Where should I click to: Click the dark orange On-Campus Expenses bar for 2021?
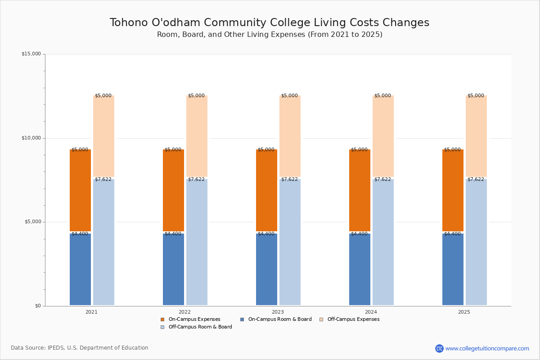tap(80, 190)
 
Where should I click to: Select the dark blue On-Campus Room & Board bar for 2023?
tap(266, 270)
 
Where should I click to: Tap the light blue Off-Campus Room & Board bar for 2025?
tap(476, 242)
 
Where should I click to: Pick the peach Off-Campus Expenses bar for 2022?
tap(197, 136)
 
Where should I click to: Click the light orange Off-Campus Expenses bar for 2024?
tap(383, 136)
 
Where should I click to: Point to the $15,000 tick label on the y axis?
tap(31, 54)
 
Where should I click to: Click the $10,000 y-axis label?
tap(31, 138)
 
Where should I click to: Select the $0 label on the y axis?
tap(38, 306)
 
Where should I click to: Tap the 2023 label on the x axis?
tap(278, 312)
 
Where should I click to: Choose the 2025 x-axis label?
tap(464, 312)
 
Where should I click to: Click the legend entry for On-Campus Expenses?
tap(190, 319)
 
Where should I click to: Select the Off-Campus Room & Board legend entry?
tap(196, 327)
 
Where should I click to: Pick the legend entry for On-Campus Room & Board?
tap(276, 319)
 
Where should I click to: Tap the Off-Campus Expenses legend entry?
tap(350, 319)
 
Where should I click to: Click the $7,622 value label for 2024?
tap(382, 180)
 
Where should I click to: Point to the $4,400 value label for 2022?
tap(173, 234)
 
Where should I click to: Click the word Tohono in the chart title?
tap(129, 22)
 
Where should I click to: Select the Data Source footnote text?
tap(80, 348)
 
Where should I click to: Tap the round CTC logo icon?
tap(439, 348)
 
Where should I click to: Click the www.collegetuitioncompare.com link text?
tap(487, 349)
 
